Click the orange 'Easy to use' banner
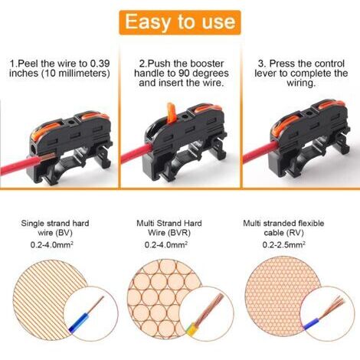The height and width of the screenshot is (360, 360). (x=180, y=22)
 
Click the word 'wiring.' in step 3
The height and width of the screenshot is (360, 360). (x=301, y=83)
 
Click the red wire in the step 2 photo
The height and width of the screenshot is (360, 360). (x=136, y=153)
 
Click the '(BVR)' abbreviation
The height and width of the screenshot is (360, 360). (x=180, y=233)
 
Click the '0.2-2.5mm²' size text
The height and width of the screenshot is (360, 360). (x=284, y=244)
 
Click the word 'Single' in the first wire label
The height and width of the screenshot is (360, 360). (x=31, y=224)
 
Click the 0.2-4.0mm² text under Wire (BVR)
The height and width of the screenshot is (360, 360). (x=166, y=244)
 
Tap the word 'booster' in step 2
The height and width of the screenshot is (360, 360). (x=208, y=64)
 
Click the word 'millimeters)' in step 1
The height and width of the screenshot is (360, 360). (x=84, y=74)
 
